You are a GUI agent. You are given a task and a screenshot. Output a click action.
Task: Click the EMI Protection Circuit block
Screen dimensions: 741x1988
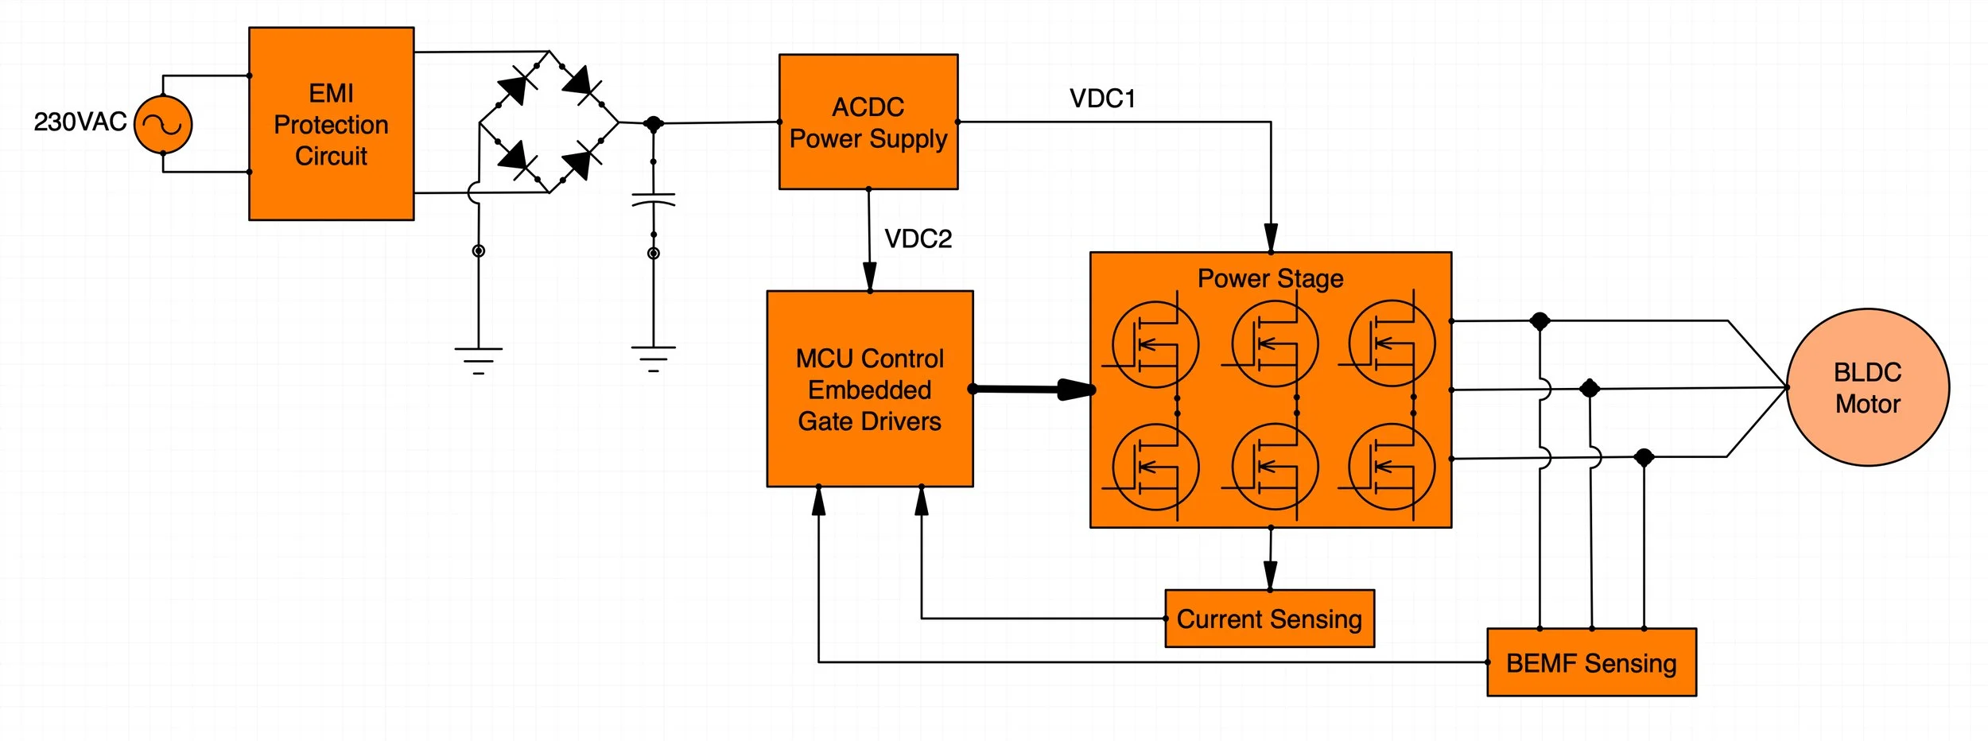click(331, 124)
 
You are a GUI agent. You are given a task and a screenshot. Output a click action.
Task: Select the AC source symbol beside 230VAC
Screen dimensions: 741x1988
click(163, 125)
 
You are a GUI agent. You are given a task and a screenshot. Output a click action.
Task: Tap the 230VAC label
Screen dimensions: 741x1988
click(80, 122)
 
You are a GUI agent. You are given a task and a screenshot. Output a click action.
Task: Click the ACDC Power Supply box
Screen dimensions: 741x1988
click(868, 122)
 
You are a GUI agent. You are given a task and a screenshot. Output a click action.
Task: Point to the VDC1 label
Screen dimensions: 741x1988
click(1102, 99)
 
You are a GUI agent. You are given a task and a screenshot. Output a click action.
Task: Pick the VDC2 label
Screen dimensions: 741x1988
click(918, 239)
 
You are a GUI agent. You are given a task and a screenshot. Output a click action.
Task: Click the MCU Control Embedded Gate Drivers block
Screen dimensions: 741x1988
click(869, 389)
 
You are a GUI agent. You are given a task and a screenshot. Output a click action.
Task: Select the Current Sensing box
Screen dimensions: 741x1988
click(1269, 619)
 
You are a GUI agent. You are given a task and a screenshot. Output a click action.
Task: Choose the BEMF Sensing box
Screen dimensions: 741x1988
click(1591, 662)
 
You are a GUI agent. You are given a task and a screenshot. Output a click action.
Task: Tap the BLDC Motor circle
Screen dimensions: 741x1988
click(1867, 387)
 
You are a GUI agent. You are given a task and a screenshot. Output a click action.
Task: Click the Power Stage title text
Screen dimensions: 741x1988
click(1270, 278)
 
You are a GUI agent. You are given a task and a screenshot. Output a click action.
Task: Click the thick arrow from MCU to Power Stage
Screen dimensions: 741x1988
click(1034, 390)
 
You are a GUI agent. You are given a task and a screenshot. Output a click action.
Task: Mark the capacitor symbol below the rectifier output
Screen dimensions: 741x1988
click(653, 199)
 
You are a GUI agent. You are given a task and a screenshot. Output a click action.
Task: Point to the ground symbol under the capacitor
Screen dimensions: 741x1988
click(653, 359)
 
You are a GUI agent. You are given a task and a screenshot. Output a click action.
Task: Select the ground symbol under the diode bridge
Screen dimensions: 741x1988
click(478, 360)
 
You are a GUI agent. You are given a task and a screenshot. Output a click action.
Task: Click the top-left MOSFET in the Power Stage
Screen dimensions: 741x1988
click(1155, 344)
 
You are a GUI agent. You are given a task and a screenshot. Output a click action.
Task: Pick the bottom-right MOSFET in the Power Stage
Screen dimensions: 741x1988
click(1392, 467)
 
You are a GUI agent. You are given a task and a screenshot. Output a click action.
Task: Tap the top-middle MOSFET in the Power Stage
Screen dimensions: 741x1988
click(1274, 344)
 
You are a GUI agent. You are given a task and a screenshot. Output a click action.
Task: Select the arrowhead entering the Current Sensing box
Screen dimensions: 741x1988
click(1270, 576)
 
